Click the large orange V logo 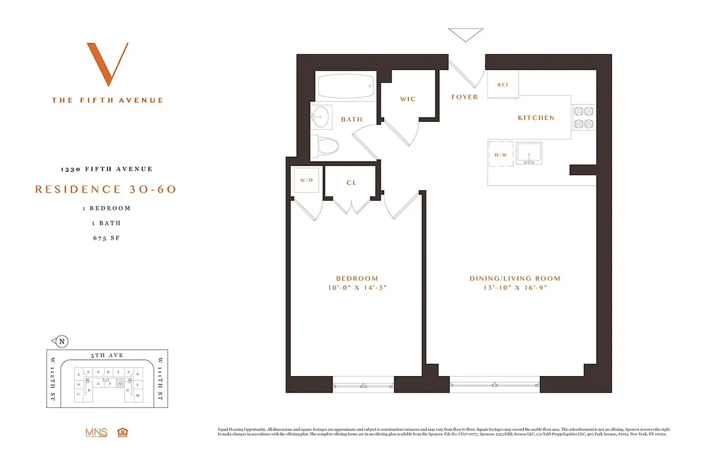click(107, 64)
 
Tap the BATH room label click(351, 120)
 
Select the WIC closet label click(408, 99)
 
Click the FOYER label click(465, 97)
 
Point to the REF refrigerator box click(503, 85)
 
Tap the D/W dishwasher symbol click(500, 154)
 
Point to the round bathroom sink click(321, 117)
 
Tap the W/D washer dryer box click(306, 181)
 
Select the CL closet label click(351, 183)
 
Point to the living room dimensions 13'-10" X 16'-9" click(515, 288)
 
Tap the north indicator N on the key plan click(62, 341)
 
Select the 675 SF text click(107, 238)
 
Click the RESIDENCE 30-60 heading click(106, 190)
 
